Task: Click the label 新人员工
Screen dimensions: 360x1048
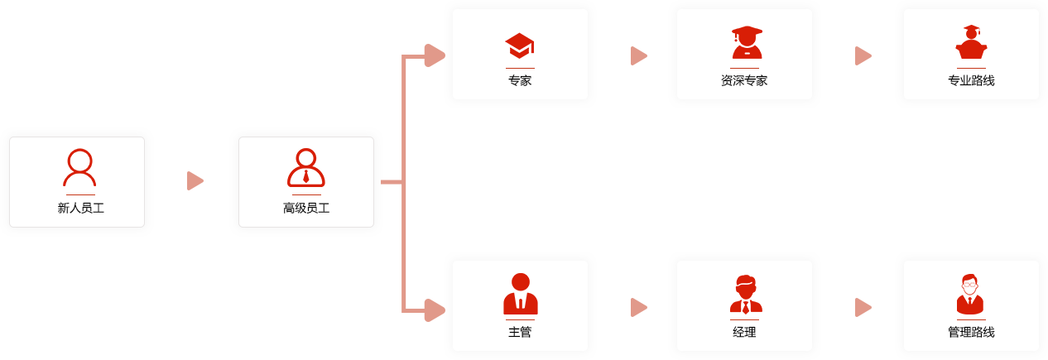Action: [x=80, y=208]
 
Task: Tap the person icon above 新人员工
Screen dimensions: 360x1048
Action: [x=79, y=167]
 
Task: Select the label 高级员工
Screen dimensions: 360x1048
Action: [x=306, y=208]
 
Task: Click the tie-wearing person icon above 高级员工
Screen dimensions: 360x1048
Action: [x=306, y=168]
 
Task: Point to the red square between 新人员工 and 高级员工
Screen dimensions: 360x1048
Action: [x=195, y=180]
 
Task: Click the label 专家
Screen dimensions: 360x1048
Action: [x=520, y=80]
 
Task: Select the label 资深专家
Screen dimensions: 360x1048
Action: [x=744, y=80]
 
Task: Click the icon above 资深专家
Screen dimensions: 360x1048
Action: [x=747, y=42]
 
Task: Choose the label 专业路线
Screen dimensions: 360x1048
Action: [x=971, y=80]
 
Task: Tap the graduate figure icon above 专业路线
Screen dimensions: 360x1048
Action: [x=971, y=42]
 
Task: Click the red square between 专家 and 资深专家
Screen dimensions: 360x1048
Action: [x=639, y=55]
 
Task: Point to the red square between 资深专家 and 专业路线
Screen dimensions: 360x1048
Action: [x=863, y=55]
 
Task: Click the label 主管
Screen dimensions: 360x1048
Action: [x=520, y=332]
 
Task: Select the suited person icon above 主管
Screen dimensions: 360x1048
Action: [x=521, y=294]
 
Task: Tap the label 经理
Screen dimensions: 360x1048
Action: [x=744, y=332]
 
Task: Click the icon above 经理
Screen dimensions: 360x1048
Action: [x=746, y=294]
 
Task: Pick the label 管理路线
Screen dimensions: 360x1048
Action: [x=971, y=332]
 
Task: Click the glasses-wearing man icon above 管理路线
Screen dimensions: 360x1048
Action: [x=970, y=294]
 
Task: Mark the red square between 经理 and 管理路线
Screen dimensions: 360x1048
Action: [x=863, y=307]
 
